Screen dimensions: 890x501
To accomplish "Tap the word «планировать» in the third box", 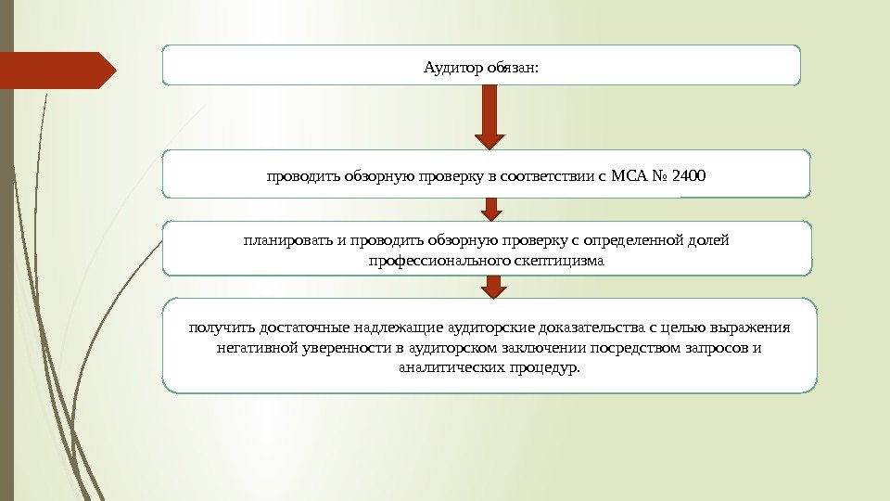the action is tap(286, 241).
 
